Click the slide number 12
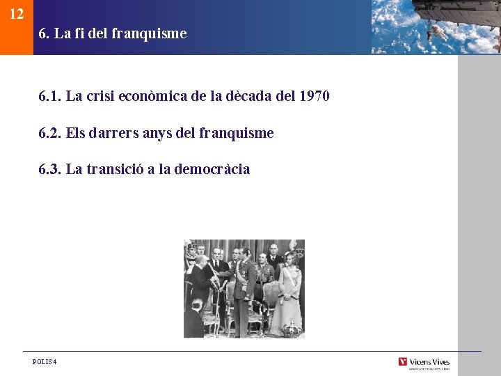[x=17, y=14]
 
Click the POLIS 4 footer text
[x=45, y=361]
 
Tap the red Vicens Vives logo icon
[x=403, y=361]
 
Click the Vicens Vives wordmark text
[x=429, y=361]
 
